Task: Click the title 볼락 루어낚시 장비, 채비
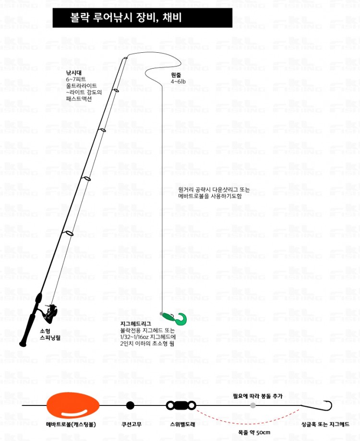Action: (126, 17)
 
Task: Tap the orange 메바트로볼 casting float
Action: (73, 406)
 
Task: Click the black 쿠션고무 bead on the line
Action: (130, 405)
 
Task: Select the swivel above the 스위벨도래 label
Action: (181, 405)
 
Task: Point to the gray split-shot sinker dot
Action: (253, 405)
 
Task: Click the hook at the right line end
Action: (326, 405)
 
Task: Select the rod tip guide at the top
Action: (125, 58)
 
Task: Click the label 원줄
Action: (176, 75)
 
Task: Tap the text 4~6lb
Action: (178, 82)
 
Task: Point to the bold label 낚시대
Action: (74, 72)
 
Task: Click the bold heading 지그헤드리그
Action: (135, 324)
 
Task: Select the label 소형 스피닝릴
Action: (50, 334)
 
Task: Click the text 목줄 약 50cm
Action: (254, 432)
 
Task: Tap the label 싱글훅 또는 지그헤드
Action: (325, 424)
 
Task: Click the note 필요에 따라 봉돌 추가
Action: (258, 396)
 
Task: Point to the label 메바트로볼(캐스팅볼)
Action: (71, 424)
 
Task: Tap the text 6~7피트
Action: (76, 79)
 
